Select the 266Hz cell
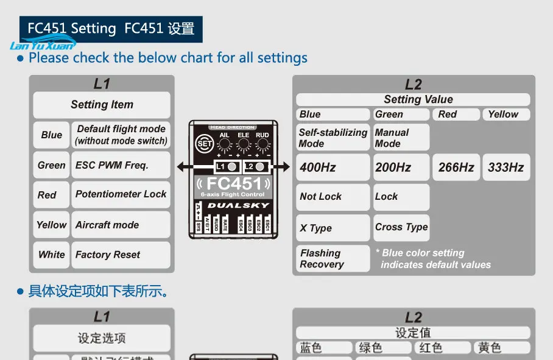[x=456, y=167]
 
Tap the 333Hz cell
[x=505, y=167]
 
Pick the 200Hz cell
[x=401, y=167]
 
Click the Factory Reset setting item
[x=121, y=255]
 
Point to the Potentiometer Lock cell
[x=121, y=194]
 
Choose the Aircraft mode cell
[x=121, y=225]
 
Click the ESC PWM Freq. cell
[x=121, y=165]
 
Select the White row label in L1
[x=51, y=255]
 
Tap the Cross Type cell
[x=401, y=227]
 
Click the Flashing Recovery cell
[x=333, y=258]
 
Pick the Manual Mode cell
[x=401, y=138]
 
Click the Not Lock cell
[x=333, y=197]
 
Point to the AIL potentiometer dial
[x=224, y=145]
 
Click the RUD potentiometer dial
[x=262, y=145]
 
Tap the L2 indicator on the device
[x=256, y=166]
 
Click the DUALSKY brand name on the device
[x=238, y=205]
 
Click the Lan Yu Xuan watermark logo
[x=42, y=44]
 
